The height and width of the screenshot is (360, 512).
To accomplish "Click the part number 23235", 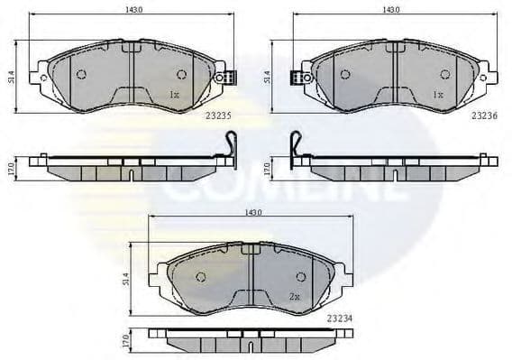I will [219, 115].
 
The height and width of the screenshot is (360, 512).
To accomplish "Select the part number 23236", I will [484, 115].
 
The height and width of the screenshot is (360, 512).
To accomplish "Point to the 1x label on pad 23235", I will [175, 94].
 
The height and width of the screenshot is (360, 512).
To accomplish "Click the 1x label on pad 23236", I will [437, 94].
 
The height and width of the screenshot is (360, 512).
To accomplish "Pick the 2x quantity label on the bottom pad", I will [294, 295].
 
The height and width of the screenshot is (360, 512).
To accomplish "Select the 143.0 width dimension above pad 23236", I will [391, 10].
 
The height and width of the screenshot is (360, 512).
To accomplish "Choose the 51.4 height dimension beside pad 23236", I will [268, 78].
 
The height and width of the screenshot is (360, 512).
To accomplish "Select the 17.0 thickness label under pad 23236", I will [268, 168].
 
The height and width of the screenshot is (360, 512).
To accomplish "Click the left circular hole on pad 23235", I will [81, 74].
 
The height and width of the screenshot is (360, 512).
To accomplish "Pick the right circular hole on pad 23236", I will [443, 74].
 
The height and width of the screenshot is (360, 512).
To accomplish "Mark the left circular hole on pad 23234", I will [201, 276].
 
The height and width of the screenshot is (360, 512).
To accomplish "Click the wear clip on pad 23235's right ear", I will [231, 77].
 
